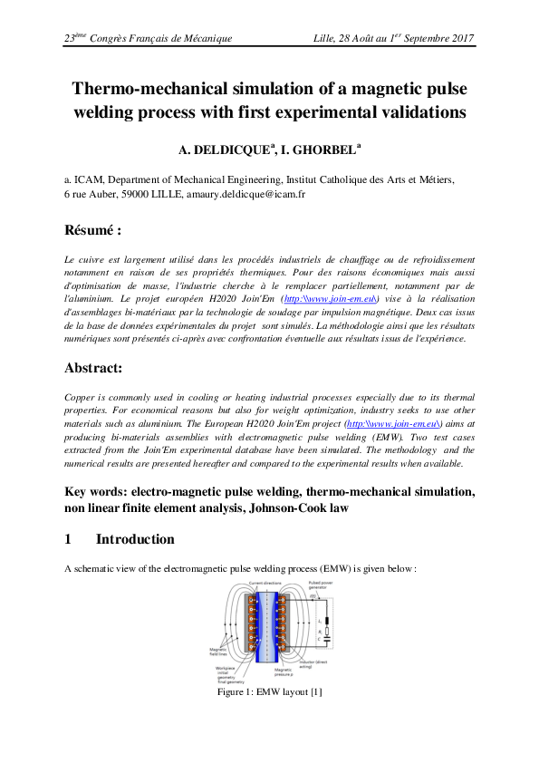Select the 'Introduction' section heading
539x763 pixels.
coord(135,539)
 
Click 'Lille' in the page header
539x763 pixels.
coord(324,38)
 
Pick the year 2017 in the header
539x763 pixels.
coord(460,38)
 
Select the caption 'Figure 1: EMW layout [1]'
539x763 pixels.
coord(269,693)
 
